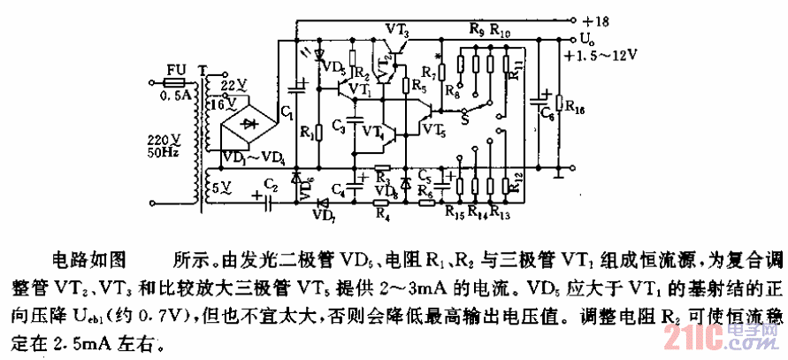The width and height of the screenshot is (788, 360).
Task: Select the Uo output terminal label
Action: pyautogui.click(x=588, y=39)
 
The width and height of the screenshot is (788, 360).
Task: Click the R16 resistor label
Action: pyautogui.click(x=574, y=109)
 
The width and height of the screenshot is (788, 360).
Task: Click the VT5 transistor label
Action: pyautogui.click(x=433, y=130)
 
